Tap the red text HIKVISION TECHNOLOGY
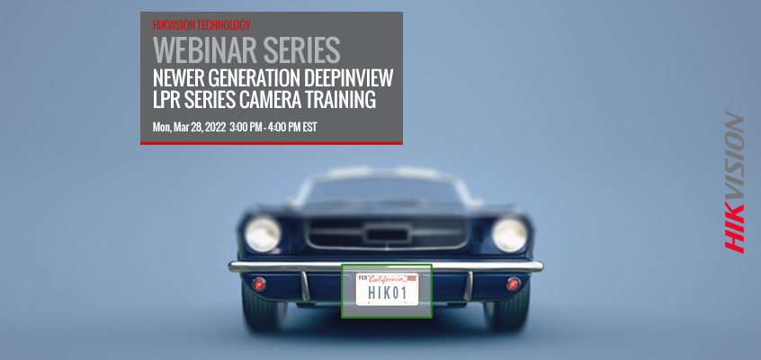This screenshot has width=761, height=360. click(201, 25)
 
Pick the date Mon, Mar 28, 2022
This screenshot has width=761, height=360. click(189, 128)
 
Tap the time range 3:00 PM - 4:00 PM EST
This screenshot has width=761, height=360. click(273, 127)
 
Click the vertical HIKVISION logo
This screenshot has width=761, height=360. click(734, 181)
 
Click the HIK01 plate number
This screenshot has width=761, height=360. click(387, 293)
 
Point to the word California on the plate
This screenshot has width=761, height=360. click(387, 279)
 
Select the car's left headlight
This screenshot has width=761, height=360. click(263, 234)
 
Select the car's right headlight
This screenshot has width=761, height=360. click(510, 234)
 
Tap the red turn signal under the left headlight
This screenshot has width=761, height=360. click(259, 283)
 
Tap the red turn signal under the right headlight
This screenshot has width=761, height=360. click(513, 283)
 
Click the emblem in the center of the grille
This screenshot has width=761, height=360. click(387, 234)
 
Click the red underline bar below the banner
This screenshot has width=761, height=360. click(272, 143)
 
